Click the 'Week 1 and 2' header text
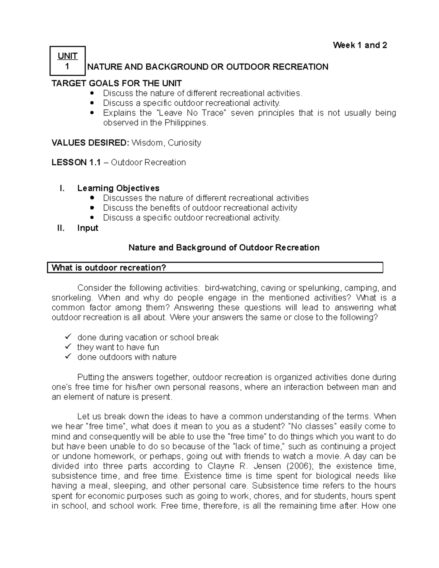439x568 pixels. (360, 45)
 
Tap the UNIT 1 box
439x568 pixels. (68, 61)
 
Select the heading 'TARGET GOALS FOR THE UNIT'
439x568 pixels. (117, 83)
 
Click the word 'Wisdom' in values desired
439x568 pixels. (147, 143)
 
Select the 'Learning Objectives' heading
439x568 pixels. (118, 188)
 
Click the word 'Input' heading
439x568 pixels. (88, 228)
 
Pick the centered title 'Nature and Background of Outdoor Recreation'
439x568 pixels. (224, 248)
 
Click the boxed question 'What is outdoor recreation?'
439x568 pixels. (109, 268)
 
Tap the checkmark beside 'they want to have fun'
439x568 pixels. (68, 346)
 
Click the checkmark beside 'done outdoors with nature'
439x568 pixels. (68, 356)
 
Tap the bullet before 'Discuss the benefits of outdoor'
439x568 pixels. (92, 208)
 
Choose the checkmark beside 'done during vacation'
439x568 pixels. (68, 336)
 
